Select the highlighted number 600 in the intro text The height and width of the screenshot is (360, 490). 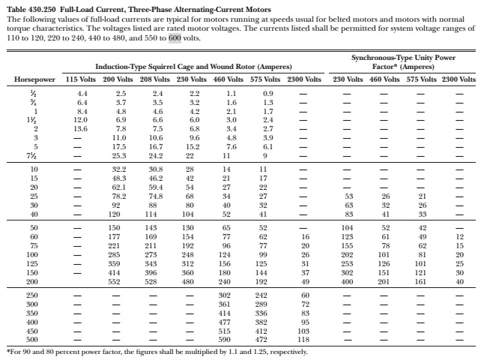click(174, 35)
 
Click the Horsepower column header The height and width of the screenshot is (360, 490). click(35, 79)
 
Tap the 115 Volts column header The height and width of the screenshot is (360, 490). click(81, 79)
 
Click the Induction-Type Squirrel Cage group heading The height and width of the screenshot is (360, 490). click(193, 67)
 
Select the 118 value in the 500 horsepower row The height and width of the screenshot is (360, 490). click(303, 338)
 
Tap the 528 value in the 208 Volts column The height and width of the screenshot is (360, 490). click(156, 282)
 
